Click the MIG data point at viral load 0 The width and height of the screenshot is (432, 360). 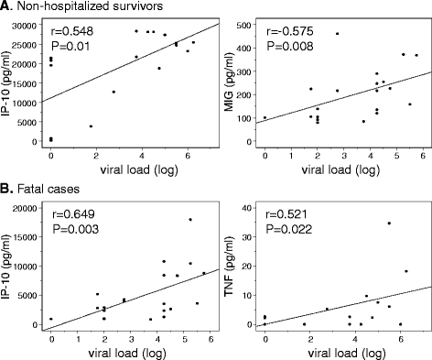(265, 118)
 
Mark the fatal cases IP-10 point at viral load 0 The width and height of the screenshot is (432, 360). (51, 319)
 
